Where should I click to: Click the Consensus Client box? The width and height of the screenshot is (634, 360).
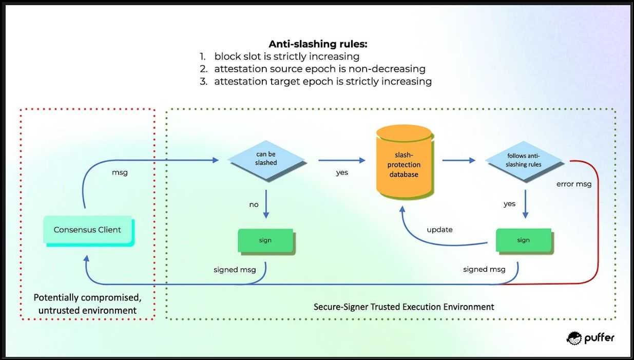coord(88,230)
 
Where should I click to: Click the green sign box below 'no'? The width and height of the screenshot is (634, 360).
coord(265,240)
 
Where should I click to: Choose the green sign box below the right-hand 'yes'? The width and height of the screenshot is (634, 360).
coord(523,240)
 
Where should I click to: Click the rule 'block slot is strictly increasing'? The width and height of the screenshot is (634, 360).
coord(286,56)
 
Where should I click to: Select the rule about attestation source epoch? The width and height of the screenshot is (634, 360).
coord(319,69)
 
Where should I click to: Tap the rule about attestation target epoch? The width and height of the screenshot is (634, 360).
coord(322,81)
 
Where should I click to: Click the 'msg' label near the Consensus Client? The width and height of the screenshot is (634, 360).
coord(120,173)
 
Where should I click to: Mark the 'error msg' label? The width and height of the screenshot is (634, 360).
coord(574,184)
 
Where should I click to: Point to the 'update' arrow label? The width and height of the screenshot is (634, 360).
coord(439,230)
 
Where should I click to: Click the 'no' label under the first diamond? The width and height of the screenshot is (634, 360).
coord(254,204)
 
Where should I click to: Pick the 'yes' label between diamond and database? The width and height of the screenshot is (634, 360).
coord(342,173)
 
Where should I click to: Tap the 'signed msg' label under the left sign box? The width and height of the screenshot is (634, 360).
coord(235,270)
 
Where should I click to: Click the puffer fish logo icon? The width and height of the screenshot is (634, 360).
coord(574,337)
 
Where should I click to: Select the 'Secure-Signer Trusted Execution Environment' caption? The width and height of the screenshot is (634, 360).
coord(404,307)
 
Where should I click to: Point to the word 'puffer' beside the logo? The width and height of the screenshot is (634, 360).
coord(599,338)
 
